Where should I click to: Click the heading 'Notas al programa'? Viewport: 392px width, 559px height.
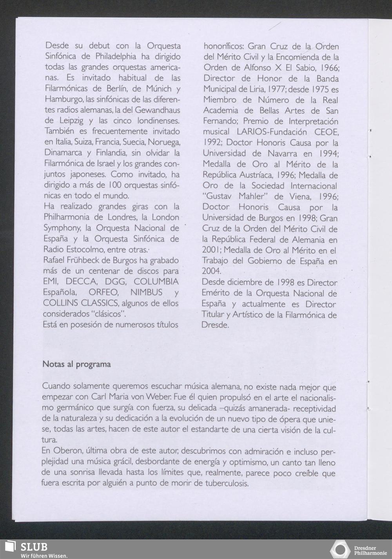[76, 364]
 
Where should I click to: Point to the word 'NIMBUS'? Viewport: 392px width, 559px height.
[146, 292]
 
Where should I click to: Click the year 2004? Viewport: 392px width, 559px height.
[211, 271]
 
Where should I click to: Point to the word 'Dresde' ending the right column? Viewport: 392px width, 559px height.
[215, 325]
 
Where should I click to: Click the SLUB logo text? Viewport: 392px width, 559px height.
[34, 547]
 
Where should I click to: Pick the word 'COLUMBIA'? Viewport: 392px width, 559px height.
[156, 281]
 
